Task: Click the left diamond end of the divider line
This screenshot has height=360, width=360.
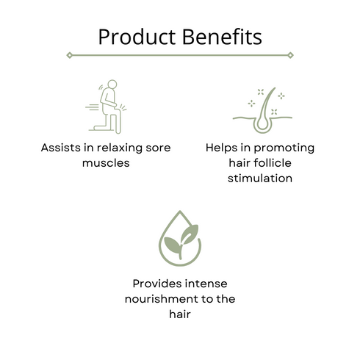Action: [69, 54]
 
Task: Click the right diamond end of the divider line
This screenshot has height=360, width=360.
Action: [291, 54]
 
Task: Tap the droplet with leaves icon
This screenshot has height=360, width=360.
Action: [179, 240]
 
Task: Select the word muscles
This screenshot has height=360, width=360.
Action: [106, 162]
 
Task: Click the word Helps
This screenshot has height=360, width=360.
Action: [223, 148]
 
